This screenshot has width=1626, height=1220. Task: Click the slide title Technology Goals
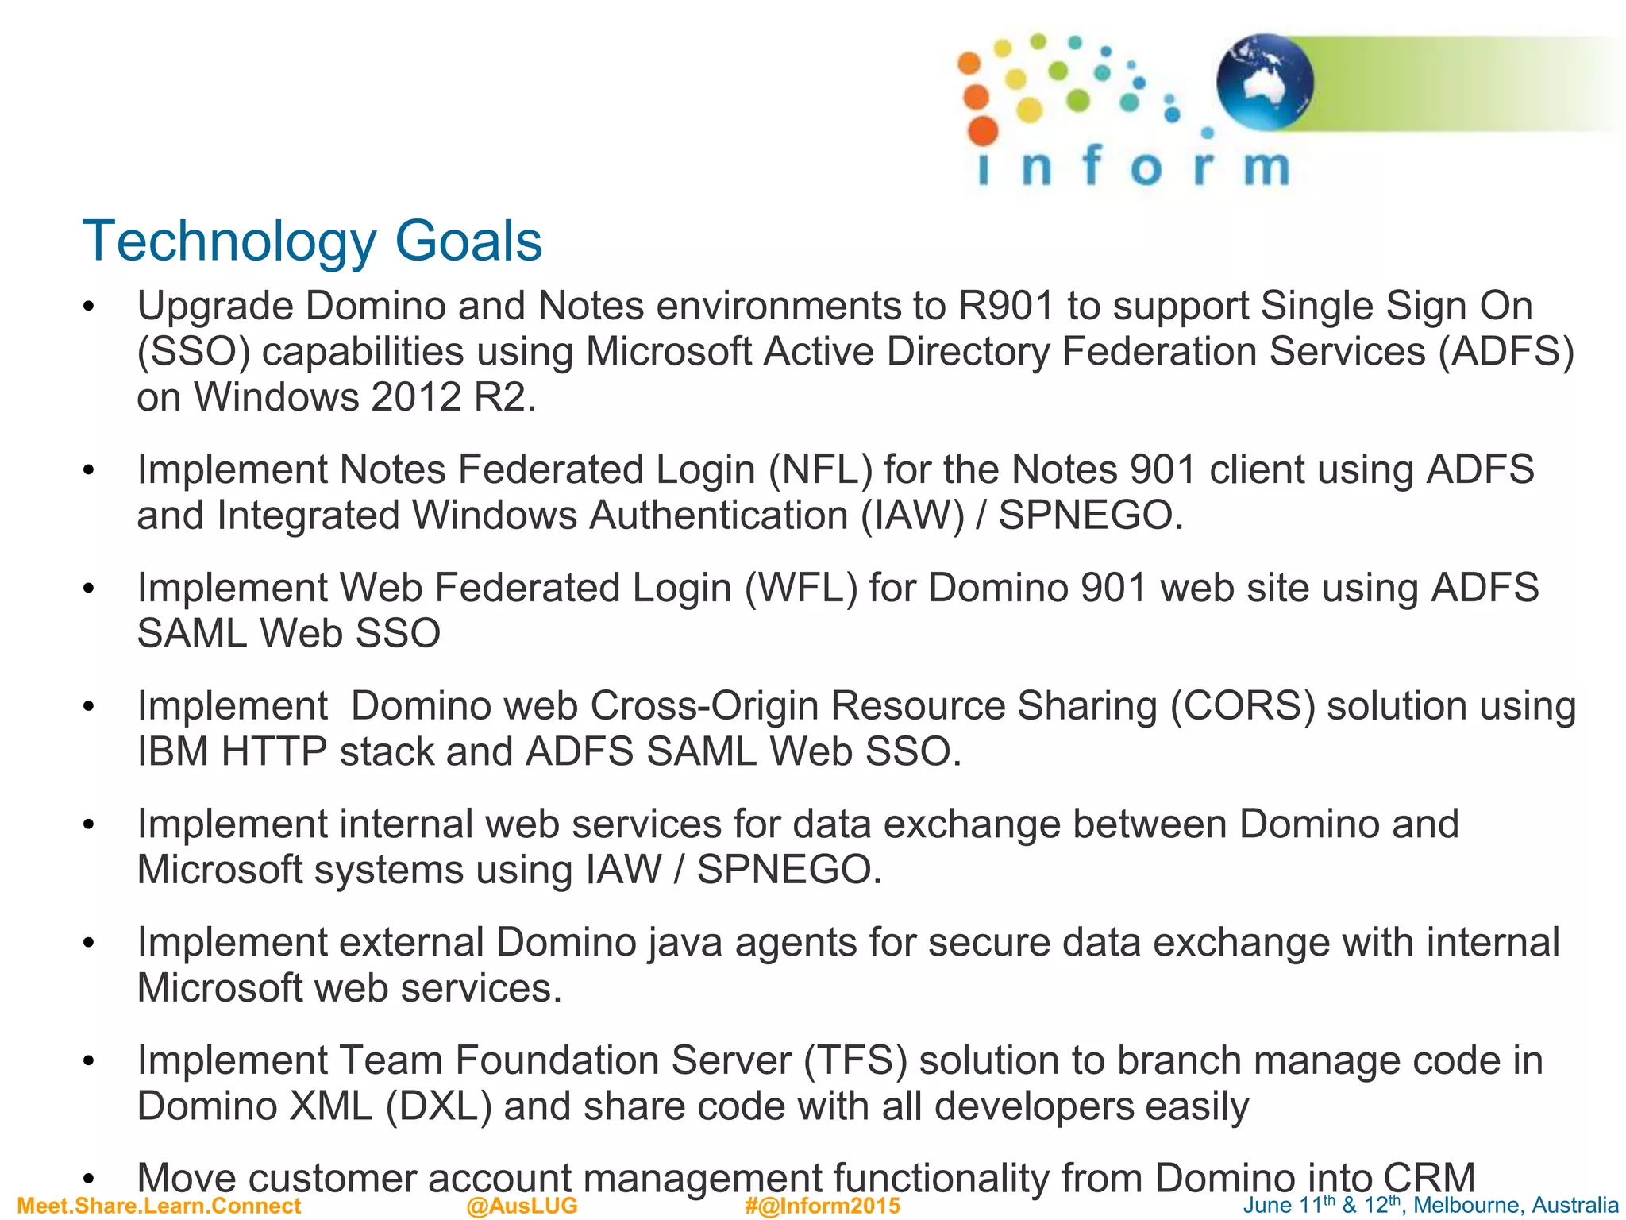tap(312, 241)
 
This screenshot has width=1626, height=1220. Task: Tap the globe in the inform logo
tap(1265, 82)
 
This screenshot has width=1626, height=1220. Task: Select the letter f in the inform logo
tap(1093, 165)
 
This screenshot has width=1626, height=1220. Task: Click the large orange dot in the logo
tap(983, 130)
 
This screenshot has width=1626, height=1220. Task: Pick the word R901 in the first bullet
tap(1006, 307)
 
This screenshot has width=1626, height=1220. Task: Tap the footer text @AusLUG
tap(522, 1206)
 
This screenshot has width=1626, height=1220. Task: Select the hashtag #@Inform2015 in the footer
tap(823, 1206)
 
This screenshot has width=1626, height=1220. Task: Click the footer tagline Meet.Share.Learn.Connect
tap(159, 1206)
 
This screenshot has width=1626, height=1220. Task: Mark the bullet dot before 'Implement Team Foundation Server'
tap(89, 1061)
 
